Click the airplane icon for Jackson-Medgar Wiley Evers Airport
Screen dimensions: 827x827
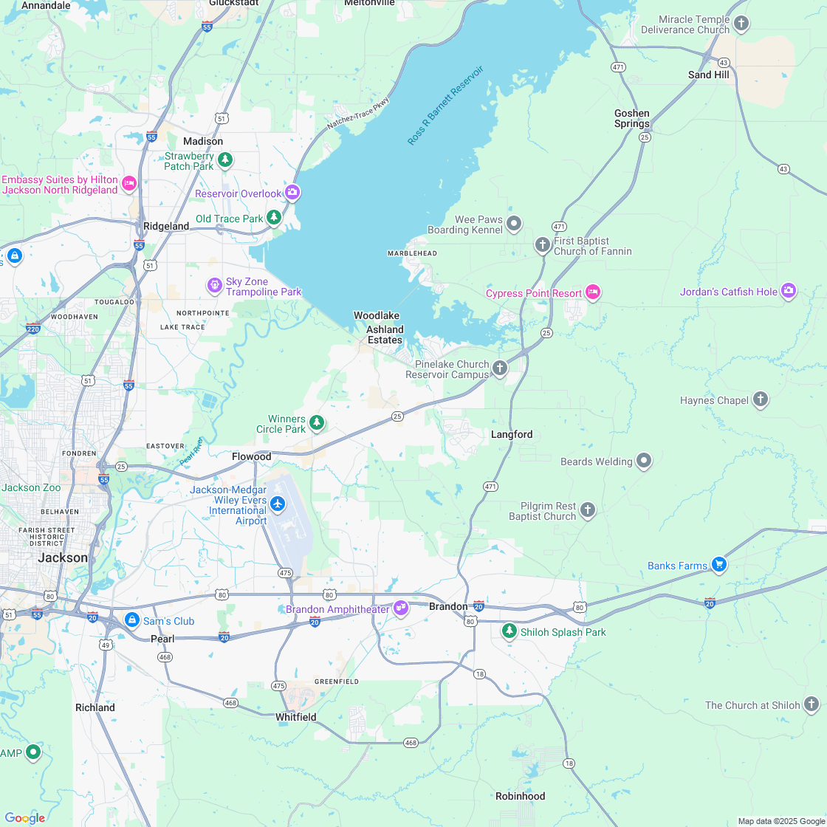[x=278, y=504]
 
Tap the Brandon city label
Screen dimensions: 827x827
[x=448, y=606]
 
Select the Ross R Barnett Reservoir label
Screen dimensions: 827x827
[x=445, y=105]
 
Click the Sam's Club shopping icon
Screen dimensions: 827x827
[x=132, y=620]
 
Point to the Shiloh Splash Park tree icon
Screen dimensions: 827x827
[x=509, y=631]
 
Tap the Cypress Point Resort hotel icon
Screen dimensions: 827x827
[x=592, y=293]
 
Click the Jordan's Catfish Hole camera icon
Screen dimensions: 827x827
[x=789, y=292]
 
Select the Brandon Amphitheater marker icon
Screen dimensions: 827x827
[x=401, y=608]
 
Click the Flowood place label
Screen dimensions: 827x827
[x=252, y=456]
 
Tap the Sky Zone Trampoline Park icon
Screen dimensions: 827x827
[x=214, y=284]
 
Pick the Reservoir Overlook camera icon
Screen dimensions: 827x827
[x=292, y=193]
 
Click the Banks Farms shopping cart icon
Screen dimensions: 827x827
[x=719, y=565]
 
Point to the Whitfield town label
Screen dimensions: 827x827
[x=296, y=717]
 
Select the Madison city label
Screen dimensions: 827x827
[x=203, y=141]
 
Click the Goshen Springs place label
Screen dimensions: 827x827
[x=632, y=118]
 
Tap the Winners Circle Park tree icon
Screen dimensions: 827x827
[x=317, y=422]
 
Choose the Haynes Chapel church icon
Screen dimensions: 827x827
[x=761, y=400]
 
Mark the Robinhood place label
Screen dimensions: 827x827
[x=520, y=796]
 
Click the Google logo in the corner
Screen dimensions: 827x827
[x=25, y=817]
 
